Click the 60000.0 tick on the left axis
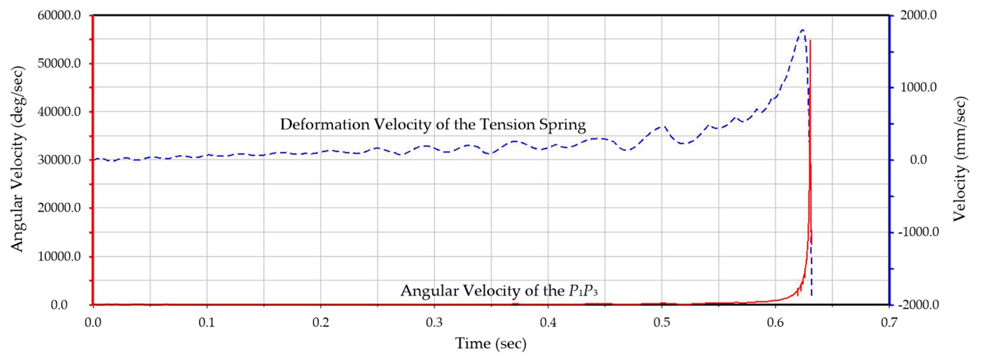(x=59, y=15)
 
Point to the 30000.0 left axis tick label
(x=59, y=160)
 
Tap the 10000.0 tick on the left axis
(x=59, y=257)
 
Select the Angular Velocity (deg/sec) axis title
(x=17, y=159)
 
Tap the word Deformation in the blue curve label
(x=325, y=125)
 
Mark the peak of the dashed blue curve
(x=802, y=30)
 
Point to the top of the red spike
(x=810, y=40)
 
